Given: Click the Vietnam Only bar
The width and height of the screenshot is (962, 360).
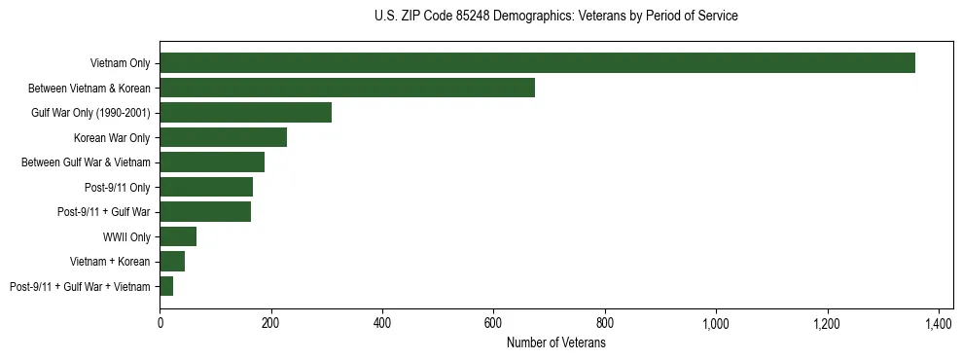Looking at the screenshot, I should pos(537,63).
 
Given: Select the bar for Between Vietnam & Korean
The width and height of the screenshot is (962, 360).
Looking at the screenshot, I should pos(347,88).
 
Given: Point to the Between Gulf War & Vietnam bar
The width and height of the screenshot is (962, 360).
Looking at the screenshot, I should pos(212,162).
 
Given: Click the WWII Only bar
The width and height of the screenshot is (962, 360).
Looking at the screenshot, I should pos(178,236).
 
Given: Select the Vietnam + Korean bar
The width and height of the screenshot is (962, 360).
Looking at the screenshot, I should pos(172,262).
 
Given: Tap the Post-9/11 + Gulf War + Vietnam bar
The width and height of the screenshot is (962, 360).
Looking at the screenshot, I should pos(166,286).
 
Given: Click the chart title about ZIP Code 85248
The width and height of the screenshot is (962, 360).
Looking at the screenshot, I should pos(555,17).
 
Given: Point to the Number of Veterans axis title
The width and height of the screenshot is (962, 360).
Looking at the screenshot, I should pos(555,342).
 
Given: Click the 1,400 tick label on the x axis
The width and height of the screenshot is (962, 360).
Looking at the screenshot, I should pos(939,322).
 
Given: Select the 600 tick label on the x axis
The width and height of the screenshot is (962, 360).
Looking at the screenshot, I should pos(493,322).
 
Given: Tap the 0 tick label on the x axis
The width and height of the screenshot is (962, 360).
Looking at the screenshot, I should pos(160,322).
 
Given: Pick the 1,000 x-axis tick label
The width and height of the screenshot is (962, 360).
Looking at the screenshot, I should pos(716,322).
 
